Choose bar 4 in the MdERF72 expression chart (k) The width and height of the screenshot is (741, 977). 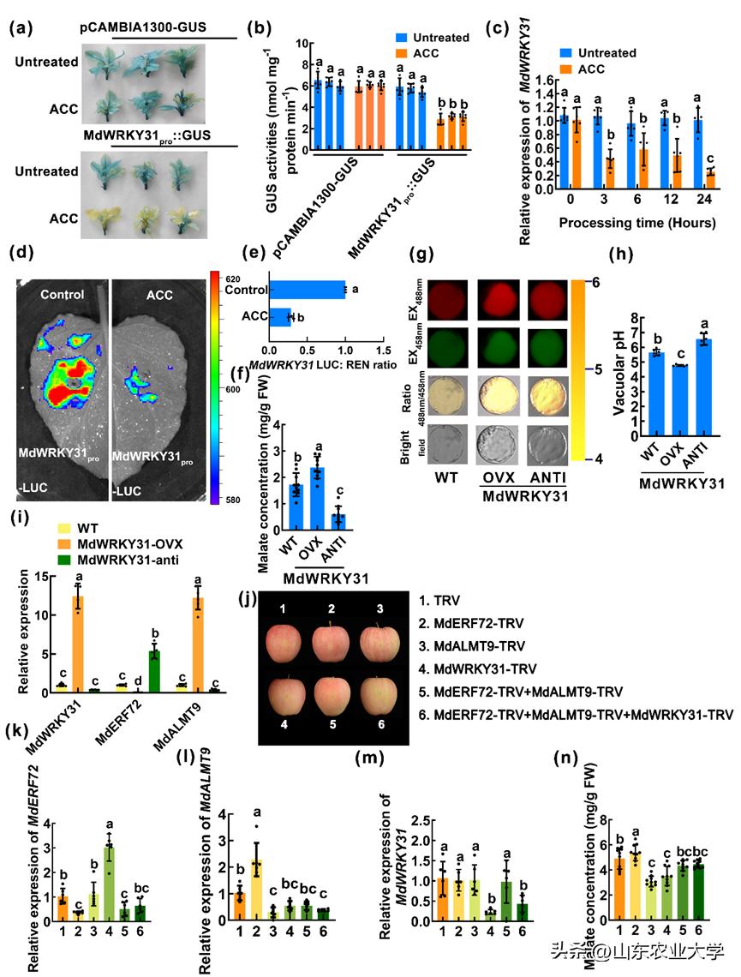click(110, 884)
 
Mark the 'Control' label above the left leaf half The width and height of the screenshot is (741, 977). click(62, 295)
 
